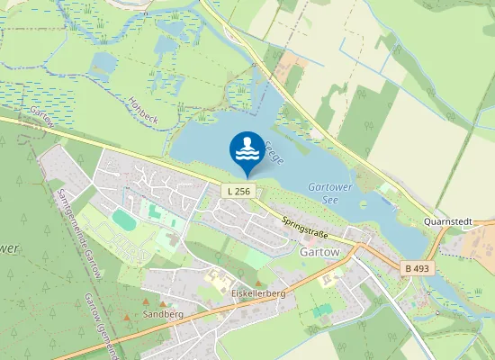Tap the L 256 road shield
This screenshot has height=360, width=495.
[x=239, y=191]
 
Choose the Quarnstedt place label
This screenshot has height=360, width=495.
[x=447, y=221]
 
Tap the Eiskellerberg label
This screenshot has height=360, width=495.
[x=257, y=293]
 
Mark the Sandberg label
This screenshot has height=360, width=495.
[x=163, y=315]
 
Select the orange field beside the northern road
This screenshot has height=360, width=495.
[x=292, y=65]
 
